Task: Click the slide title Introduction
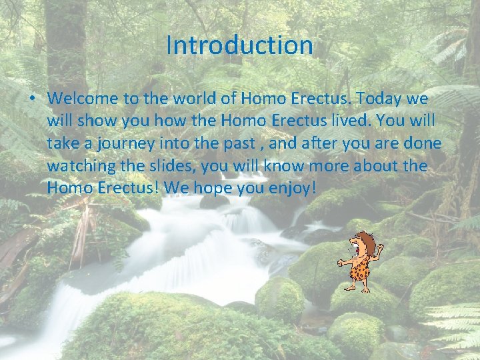point(239,45)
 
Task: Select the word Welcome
point(83,99)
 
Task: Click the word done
point(421,144)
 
